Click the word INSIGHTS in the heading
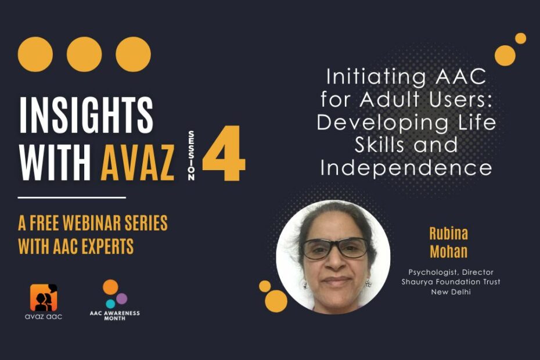coord(87,115)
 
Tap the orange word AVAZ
coord(137,162)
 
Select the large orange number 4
coord(224,153)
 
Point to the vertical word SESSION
coord(191,155)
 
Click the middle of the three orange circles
coord(84,54)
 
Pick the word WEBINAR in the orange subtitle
coord(92,222)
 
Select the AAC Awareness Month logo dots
coord(114,293)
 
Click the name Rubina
coord(448,233)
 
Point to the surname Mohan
coord(448,251)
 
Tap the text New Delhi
coord(451,292)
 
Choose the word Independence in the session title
coord(406,168)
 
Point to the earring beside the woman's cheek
coord(368,283)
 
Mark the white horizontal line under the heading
coord(72,197)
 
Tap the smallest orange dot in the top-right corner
coord(520,38)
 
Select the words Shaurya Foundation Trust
coord(451,282)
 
